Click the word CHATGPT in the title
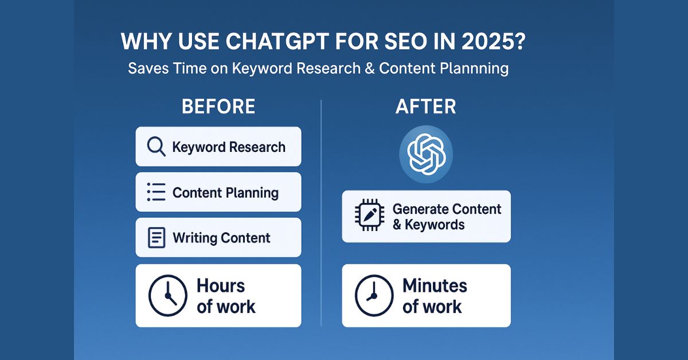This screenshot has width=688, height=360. point(244,43)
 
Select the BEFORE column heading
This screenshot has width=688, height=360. point(218,107)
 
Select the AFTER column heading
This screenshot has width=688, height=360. point(425,107)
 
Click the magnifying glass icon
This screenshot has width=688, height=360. point(156,146)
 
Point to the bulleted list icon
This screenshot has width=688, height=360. point(156,192)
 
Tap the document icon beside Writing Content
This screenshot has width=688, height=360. point(156,237)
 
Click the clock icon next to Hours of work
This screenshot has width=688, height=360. point(167,295)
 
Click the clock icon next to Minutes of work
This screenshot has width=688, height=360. point(374,295)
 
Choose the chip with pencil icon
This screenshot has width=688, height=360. point(369,216)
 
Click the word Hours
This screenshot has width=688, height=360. point(221,285)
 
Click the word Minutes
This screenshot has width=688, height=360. point(435,285)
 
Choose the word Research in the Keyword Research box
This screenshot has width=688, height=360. point(257,147)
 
